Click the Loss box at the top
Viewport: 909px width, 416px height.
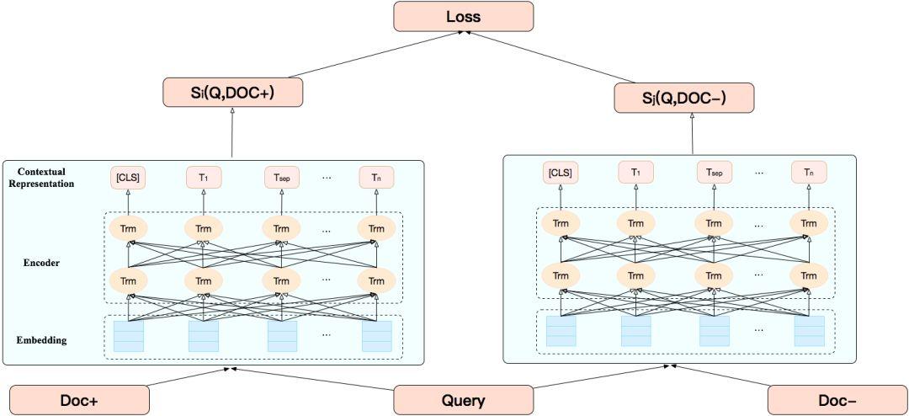coord(462,16)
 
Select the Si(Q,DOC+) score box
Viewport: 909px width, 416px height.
coord(231,92)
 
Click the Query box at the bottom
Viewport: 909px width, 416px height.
coord(463,400)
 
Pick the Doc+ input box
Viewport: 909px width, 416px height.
coord(80,400)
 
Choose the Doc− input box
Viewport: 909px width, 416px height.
coord(837,400)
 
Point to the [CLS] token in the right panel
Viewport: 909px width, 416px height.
coord(560,173)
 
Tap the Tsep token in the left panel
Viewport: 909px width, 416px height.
coord(282,177)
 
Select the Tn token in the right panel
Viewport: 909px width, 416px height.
coord(808,173)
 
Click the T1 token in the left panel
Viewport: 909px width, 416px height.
coord(203,177)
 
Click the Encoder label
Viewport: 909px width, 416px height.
coord(41,263)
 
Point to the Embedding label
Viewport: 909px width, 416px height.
coord(41,340)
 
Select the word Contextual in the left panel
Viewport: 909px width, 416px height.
coord(41,171)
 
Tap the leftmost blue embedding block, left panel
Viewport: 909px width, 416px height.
coord(129,335)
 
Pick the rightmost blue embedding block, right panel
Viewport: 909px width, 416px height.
coord(810,331)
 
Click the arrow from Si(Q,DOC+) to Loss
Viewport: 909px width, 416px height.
coord(345,56)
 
